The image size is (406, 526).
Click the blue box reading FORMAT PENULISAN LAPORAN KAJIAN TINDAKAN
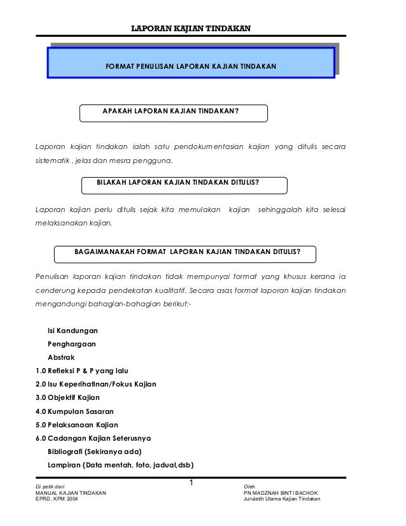(191, 66)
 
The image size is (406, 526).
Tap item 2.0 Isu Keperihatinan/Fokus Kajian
(97, 385)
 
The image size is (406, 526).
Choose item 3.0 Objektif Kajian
(67, 398)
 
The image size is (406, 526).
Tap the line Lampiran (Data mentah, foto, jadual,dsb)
(120, 464)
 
